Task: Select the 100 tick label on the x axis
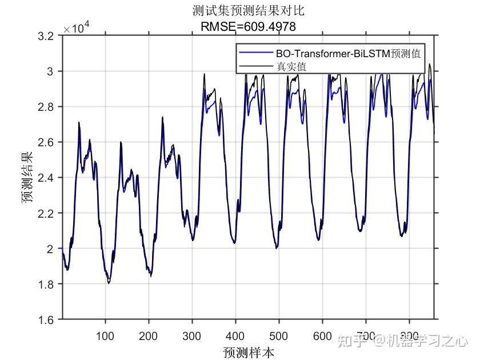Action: pos(105,335)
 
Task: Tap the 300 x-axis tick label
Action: pos(192,335)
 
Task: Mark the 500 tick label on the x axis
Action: pos(279,335)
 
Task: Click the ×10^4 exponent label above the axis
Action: pos(76,27)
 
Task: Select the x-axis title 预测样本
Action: pos(249,351)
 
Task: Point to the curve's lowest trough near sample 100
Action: pos(109,282)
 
